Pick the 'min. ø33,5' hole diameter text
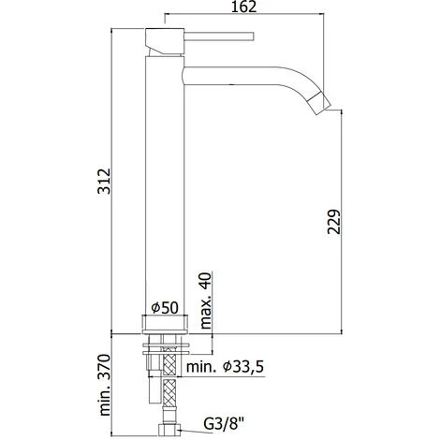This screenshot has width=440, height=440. click(x=231, y=368)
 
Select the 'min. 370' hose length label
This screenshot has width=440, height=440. click(x=106, y=387)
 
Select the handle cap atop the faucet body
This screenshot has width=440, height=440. click(x=165, y=40)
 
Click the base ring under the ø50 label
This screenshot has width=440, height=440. click(x=165, y=325)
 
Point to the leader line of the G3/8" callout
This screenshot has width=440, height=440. click(x=192, y=432)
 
